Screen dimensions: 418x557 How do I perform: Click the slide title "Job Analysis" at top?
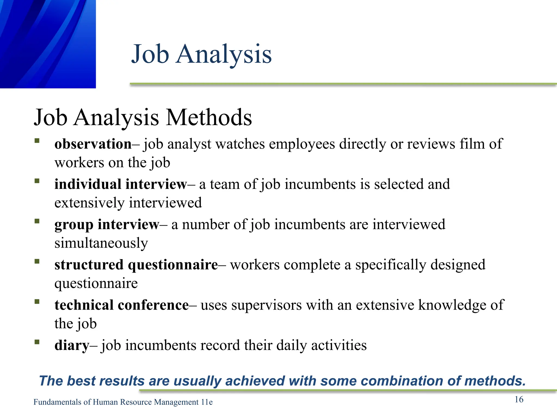pos(201,54)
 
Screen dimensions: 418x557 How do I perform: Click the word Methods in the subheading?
pos(209,118)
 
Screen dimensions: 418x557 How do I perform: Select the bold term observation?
pos(93,144)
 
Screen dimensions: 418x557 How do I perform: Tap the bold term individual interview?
pos(120,184)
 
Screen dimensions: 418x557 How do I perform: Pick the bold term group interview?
pos(107,225)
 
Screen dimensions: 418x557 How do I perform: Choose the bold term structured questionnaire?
pos(136,265)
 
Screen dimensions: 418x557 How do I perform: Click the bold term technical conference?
pos(121,305)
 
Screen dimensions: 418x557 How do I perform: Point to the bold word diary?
pos(72,345)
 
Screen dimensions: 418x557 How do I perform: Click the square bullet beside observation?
pos(37,141)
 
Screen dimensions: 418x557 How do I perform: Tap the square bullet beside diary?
pos(37,342)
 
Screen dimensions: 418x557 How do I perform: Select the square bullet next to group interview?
pos(37,221)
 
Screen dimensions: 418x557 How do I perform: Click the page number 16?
pos(519,399)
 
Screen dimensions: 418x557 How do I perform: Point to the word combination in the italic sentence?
pos(402,381)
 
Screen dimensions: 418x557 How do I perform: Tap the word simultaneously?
pos(101,243)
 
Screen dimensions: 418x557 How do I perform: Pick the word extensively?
pos(89,203)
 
